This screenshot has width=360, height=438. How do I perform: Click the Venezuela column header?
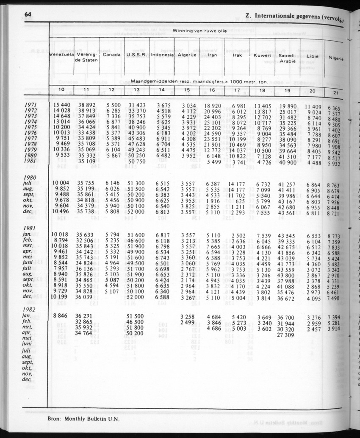coord(62,55)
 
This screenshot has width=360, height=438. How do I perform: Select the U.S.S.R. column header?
coord(136,55)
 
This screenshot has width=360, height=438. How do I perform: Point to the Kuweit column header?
coord(262,56)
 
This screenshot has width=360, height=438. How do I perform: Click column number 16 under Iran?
coord(212,90)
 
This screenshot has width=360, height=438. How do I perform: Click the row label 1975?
coord(31,127)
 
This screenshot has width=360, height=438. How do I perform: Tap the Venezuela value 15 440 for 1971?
coord(61,105)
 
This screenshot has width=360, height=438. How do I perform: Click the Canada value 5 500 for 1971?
coord(112,105)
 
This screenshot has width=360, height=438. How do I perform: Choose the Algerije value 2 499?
coord(187,322)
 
